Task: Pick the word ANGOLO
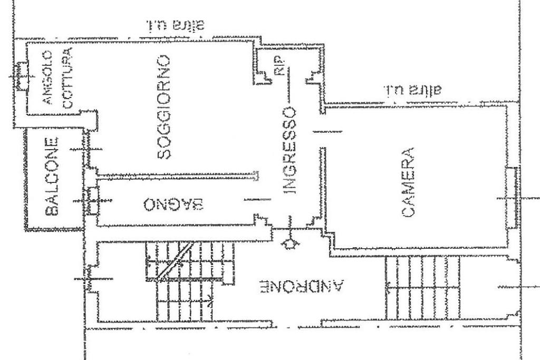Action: coord(47,78)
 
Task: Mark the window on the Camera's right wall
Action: coord(510,198)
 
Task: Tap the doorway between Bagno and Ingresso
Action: coord(258,199)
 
